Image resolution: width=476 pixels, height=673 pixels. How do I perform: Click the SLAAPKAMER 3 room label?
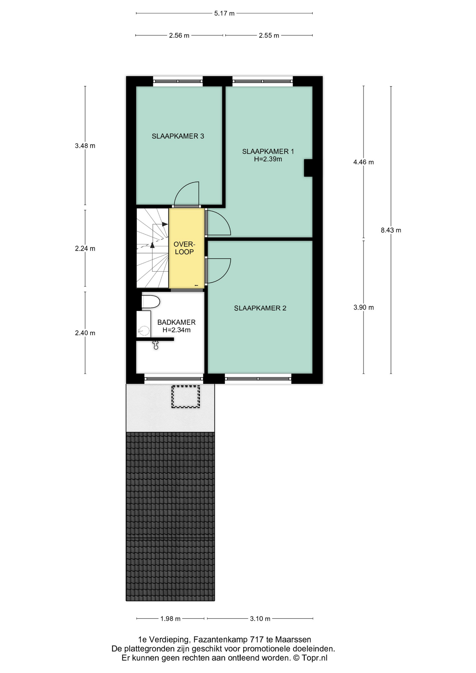point(178,136)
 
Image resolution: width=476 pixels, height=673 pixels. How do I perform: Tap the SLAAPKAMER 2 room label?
point(260,308)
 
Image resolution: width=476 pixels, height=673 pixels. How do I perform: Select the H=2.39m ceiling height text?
point(268,159)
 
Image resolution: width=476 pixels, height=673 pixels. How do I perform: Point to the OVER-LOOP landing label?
point(184,248)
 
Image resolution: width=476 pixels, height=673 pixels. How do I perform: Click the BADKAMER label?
point(176,322)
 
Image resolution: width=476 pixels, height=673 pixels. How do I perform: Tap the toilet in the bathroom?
point(151,302)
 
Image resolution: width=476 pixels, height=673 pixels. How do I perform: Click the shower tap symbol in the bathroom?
point(156,345)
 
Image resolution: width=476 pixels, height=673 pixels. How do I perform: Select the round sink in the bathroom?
point(143,330)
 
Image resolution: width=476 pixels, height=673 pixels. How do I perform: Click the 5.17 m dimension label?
point(224,14)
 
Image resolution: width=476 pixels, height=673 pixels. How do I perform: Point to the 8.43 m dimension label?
point(391,230)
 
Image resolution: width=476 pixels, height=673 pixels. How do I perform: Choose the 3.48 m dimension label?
point(85,146)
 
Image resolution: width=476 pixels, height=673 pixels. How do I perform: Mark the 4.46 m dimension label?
point(363,162)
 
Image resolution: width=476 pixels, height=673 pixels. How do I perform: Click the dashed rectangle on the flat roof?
point(185,397)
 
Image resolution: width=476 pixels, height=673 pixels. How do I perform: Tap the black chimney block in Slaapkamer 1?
point(308,168)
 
